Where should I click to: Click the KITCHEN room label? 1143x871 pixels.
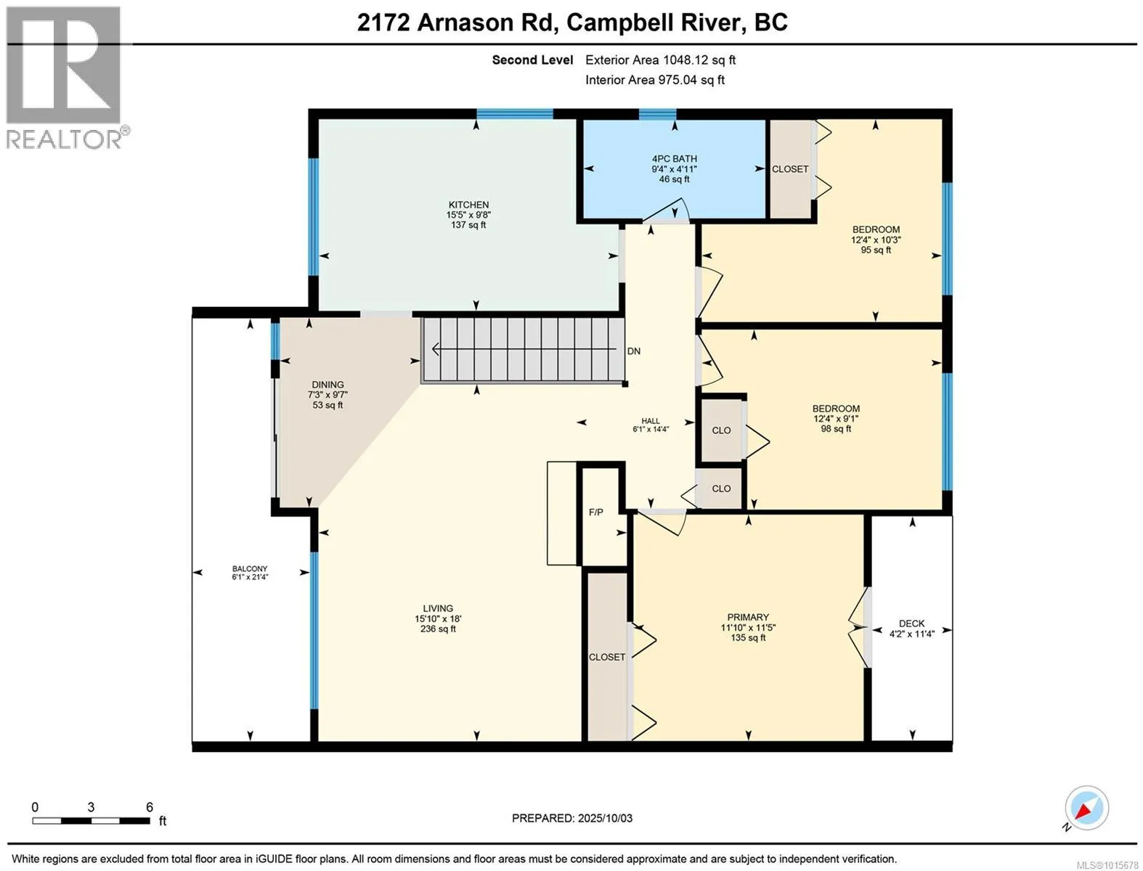pyautogui.click(x=468, y=205)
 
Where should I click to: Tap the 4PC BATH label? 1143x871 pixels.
pyautogui.click(x=675, y=159)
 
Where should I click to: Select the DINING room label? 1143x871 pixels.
pyautogui.click(x=328, y=385)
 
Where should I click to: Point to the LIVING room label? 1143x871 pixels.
pyautogui.click(x=438, y=608)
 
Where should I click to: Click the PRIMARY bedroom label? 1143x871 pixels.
pyautogui.click(x=748, y=617)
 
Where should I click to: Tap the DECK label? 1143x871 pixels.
pyautogui.click(x=912, y=623)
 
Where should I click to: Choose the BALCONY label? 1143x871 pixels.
pyautogui.click(x=250, y=569)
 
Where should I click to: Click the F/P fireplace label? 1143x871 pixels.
pyautogui.click(x=596, y=512)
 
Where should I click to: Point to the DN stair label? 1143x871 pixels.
pyautogui.click(x=634, y=351)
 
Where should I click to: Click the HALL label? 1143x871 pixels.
pyautogui.click(x=651, y=421)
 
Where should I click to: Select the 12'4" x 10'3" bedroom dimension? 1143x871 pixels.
pyautogui.click(x=876, y=240)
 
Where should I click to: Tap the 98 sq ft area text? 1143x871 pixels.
pyautogui.click(x=837, y=429)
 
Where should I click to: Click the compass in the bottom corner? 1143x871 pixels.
pyautogui.click(x=1086, y=808)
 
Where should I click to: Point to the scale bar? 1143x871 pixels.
pyautogui.click(x=91, y=820)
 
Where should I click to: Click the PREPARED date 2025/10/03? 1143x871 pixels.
pyautogui.click(x=605, y=819)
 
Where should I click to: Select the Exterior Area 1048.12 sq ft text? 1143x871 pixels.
pyautogui.click(x=660, y=60)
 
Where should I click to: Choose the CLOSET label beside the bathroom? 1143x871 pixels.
pyautogui.click(x=790, y=169)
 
